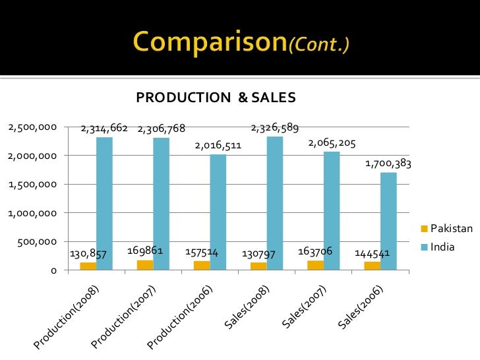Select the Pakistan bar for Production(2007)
click(145, 265)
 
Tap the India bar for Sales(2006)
click(388, 221)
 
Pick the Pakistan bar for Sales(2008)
click(258, 266)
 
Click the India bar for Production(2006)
click(218, 212)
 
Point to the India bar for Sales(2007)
click(332, 210)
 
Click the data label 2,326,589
click(276, 127)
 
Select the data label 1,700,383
click(388, 164)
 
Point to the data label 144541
click(373, 253)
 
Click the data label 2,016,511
click(218, 145)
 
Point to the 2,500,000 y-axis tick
click(32, 127)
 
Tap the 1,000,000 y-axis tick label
click(32, 213)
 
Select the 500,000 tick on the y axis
click(36, 242)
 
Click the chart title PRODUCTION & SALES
click(216, 98)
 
